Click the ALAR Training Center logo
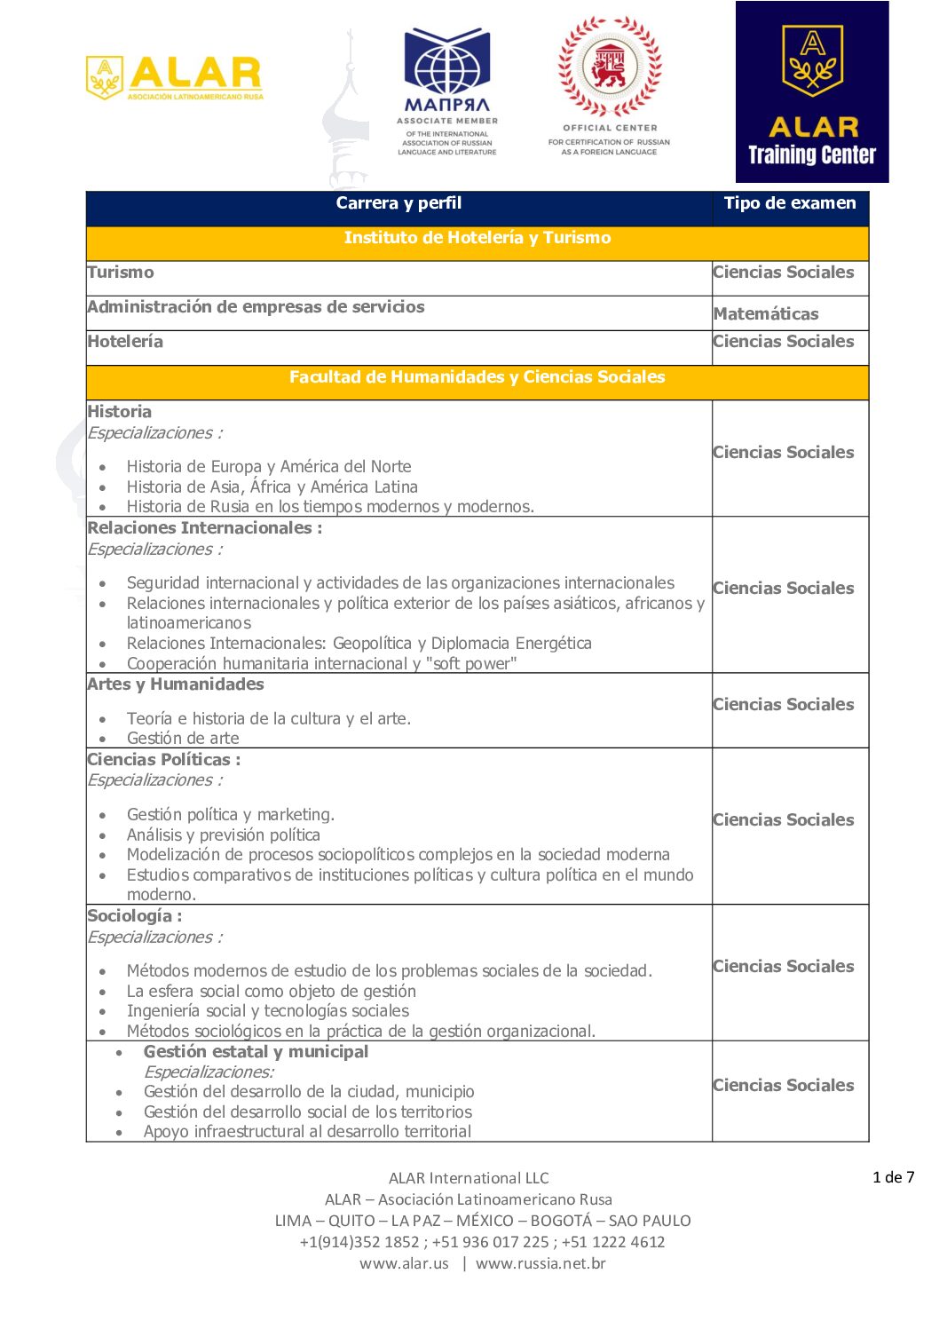(x=811, y=92)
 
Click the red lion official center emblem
(x=610, y=67)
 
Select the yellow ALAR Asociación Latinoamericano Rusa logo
(x=175, y=77)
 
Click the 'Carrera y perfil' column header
(x=398, y=203)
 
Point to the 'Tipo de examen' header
(x=789, y=203)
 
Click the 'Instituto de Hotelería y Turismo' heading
(x=477, y=238)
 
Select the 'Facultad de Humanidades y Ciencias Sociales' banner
(x=477, y=377)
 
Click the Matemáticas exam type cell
(x=766, y=313)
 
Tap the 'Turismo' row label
(x=121, y=273)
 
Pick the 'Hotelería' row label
(x=125, y=342)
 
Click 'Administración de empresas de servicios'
(x=256, y=307)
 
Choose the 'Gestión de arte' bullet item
(x=183, y=739)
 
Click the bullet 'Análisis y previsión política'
(x=223, y=835)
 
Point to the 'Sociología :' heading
(x=134, y=916)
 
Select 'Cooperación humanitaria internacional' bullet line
(x=321, y=664)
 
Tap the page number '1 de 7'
(x=893, y=1177)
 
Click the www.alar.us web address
(x=404, y=1263)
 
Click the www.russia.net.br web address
(x=541, y=1263)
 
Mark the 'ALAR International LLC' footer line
(x=469, y=1178)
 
